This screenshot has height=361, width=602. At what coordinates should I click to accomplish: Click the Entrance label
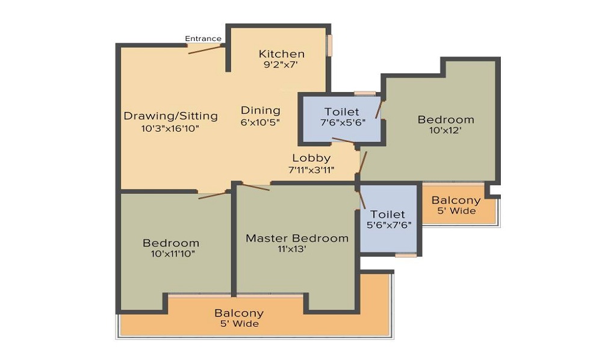pos(203,39)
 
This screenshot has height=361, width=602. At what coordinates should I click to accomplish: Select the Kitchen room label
pos(281,54)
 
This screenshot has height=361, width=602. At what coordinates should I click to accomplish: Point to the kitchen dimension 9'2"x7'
pos(281,64)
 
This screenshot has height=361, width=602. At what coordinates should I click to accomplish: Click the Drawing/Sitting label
pos(170,116)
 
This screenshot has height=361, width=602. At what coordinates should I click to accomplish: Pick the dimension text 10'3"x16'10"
pos(170,129)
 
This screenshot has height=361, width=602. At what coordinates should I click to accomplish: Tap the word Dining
pos(260,111)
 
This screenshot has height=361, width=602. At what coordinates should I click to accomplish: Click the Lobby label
pos(311,158)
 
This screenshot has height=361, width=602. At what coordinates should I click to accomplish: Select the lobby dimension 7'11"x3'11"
pos(311,170)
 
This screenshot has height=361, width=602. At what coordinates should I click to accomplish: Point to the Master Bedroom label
pos(297,238)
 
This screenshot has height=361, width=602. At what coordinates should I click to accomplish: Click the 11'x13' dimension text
pos(292,249)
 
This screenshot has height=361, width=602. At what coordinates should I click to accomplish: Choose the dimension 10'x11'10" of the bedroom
pos(173,253)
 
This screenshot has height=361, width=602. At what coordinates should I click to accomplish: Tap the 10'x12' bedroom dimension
pos(445,131)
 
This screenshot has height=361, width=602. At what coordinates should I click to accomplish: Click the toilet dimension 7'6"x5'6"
pos(343,123)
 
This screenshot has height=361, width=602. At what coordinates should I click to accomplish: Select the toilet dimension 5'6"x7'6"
pos(389,225)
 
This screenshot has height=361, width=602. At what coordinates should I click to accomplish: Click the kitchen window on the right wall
pos(329,46)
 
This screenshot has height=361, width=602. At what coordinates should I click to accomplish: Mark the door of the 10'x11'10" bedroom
pos(214,194)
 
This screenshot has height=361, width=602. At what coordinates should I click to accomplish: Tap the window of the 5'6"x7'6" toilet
pos(406,255)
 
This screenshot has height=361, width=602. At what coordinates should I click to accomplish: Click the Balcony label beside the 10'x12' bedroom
pos(456,200)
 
